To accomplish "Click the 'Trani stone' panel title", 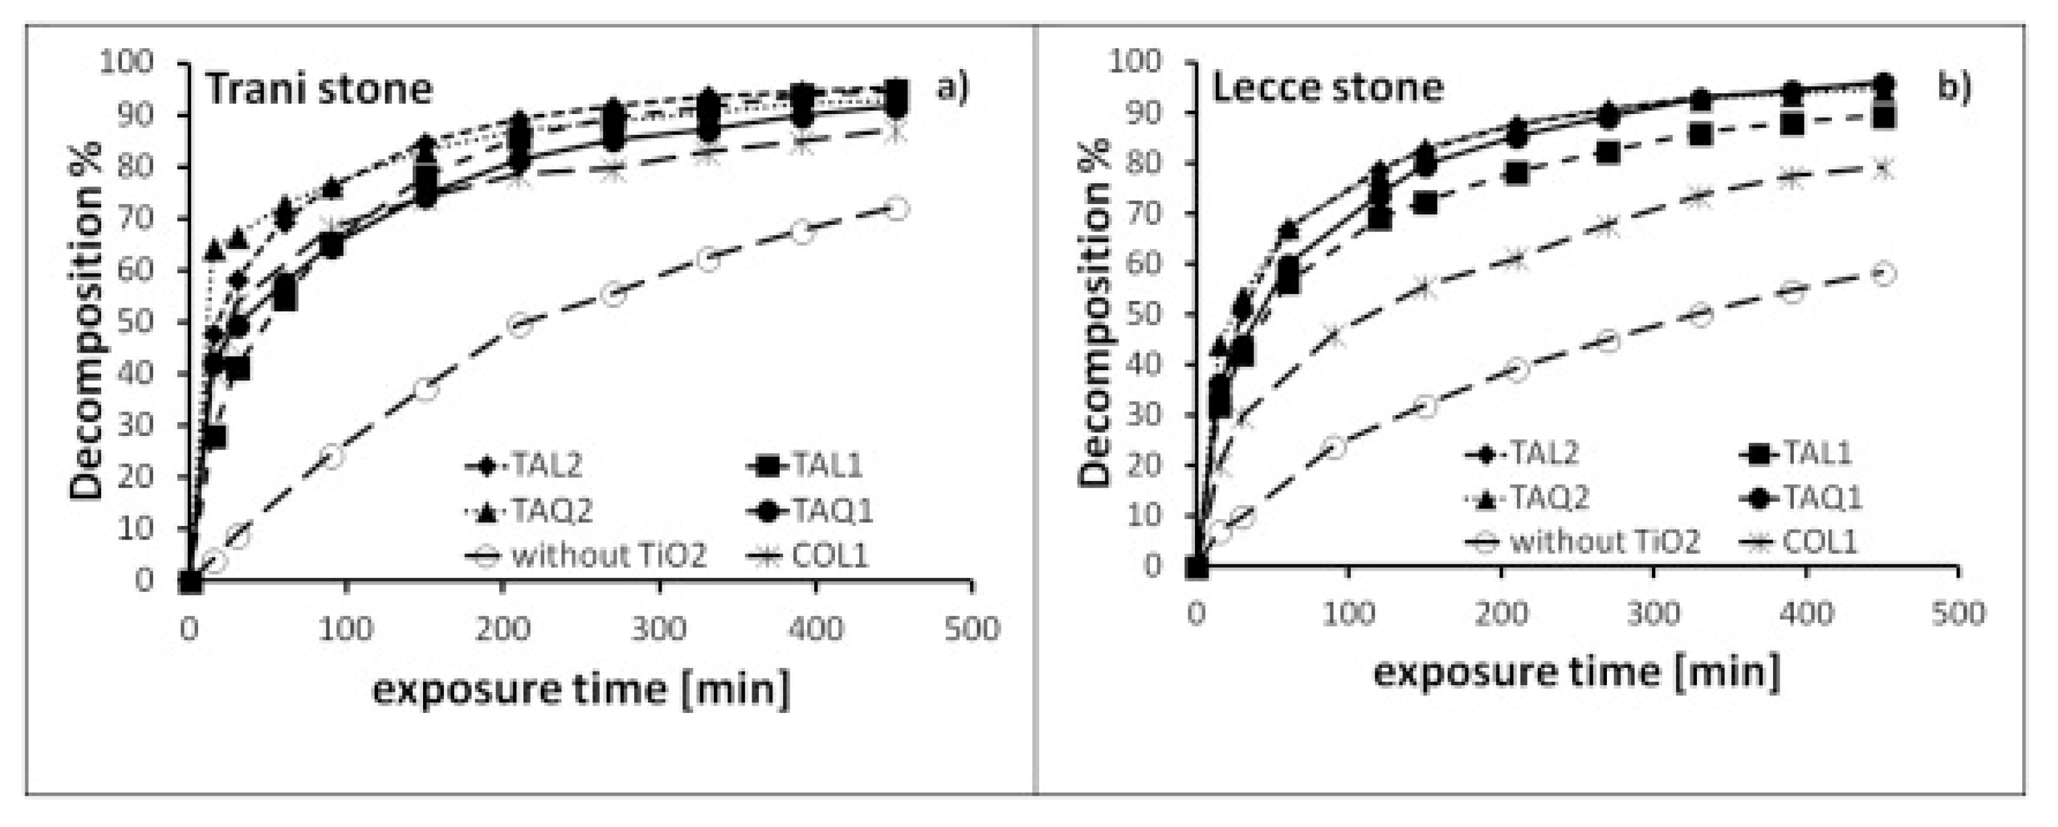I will click(x=319, y=89).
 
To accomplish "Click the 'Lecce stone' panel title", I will click(x=1328, y=87).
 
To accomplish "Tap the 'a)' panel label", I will click(x=952, y=87).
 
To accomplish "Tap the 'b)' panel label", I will click(x=1955, y=87).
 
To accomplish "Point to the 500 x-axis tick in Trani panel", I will click(x=971, y=630).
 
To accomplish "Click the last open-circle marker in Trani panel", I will click(x=896, y=209).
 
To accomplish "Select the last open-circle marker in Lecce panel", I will click(x=1884, y=274).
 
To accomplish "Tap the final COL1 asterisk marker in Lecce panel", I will click(x=1884, y=169).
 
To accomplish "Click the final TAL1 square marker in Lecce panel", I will click(x=1884, y=118).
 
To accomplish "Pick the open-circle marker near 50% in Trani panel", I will click(x=520, y=325).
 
